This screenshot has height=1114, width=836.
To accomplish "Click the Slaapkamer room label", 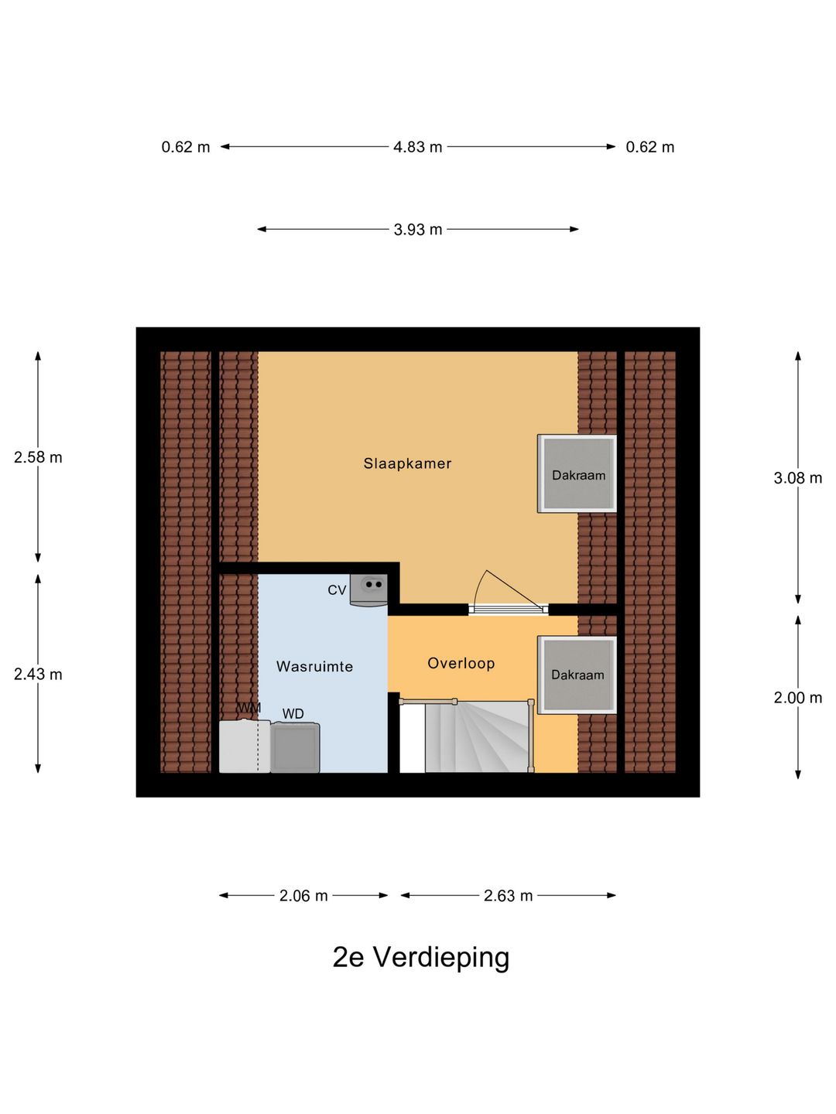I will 407,463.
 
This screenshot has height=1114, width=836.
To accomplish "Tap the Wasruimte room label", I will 314,666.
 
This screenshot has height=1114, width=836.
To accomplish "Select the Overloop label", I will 461,663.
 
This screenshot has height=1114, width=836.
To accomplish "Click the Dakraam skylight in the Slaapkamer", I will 577,473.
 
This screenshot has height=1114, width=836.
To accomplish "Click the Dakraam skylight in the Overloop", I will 577,675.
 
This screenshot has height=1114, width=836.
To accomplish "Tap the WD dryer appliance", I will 295,747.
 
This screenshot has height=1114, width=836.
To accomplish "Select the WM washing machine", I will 245,746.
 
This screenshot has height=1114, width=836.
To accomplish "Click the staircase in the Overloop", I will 475,736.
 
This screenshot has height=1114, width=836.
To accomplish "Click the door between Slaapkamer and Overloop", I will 508,608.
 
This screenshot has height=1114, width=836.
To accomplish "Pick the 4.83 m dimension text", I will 417,147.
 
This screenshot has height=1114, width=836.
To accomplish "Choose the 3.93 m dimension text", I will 417,230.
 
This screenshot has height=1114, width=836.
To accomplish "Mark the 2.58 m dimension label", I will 38,457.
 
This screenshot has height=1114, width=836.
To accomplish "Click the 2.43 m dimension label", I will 38,675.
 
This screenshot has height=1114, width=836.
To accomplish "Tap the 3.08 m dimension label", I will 797,478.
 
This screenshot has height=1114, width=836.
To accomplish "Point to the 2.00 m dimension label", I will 797,698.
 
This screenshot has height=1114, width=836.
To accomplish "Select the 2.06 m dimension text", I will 303,896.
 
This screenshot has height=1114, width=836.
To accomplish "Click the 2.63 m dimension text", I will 508,896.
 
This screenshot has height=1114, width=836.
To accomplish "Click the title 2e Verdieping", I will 420,958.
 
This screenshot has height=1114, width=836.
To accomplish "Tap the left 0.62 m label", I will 186,147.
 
